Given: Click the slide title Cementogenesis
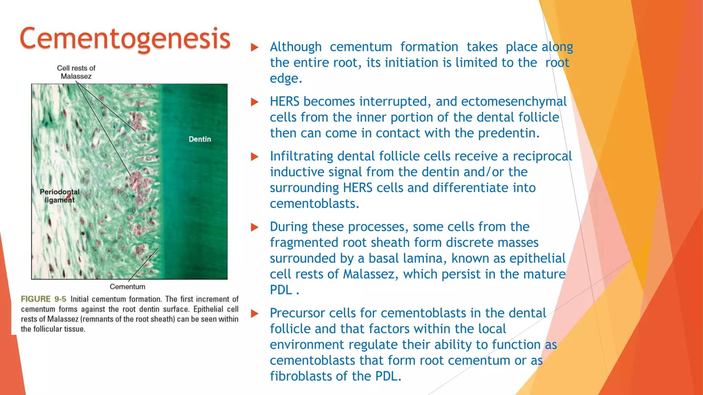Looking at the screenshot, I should point(125,38).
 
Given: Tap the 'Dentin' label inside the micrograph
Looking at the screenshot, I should point(200,139).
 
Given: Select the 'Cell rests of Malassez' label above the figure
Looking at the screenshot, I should point(76,72).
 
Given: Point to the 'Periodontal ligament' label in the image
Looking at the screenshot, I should point(59,196).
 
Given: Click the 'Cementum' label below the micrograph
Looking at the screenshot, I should point(127,287).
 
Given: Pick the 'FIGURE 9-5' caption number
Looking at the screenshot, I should point(44,299).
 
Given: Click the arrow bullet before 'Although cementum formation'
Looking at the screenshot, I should point(254,47).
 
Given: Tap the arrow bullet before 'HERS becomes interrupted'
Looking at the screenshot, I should point(254,102).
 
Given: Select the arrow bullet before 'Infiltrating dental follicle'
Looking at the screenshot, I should point(254,157).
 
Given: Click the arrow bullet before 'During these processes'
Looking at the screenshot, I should point(254,227).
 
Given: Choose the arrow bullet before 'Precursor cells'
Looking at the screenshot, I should point(254,313).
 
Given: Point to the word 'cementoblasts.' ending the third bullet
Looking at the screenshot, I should point(314,204).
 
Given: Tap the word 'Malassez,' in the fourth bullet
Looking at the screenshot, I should point(371,274).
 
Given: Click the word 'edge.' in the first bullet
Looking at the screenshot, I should point(286,79).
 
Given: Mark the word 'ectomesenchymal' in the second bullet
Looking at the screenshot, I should point(514,101).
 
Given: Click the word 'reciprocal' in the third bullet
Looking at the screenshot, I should point(542,156).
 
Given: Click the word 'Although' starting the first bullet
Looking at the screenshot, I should point(296,47).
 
